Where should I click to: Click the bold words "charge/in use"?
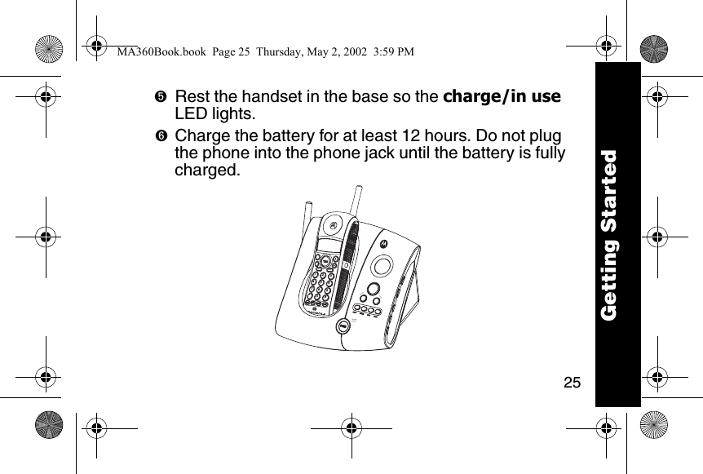click(502, 96)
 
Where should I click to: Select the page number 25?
click(573, 382)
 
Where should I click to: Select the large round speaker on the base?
click(381, 265)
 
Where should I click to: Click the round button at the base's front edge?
click(343, 326)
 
